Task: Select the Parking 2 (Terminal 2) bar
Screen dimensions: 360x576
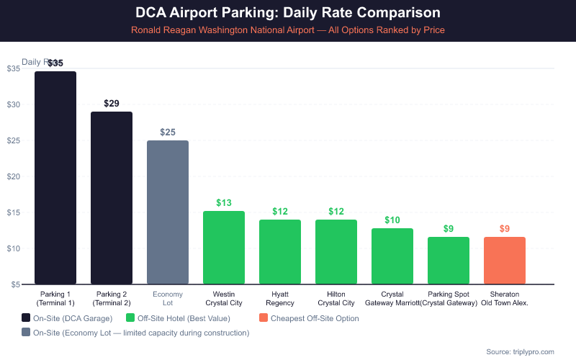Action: [x=112, y=198]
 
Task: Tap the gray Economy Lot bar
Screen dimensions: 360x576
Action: [x=168, y=212]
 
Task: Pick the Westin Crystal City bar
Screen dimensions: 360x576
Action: [x=224, y=248]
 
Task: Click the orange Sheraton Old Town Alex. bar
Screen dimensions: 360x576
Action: [x=505, y=261]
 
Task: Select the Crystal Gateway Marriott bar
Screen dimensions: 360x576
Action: [x=392, y=256]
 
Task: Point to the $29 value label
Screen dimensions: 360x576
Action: [x=112, y=103]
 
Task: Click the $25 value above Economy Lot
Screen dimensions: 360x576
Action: [x=168, y=132]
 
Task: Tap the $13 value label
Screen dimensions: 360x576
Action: [x=224, y=202]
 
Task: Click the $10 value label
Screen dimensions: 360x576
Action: [x=392, y=220]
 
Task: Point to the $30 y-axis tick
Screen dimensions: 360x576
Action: [x=14, y=104]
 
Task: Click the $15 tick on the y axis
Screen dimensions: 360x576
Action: [x=14, y=212]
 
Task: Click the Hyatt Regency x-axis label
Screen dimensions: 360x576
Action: [x=280, y=299]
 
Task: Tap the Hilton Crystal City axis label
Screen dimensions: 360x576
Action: [x=336, y=299]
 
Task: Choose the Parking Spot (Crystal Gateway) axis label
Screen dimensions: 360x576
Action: [x=449, y=299]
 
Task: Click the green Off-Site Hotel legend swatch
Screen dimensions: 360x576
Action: [x=130, y=318]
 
